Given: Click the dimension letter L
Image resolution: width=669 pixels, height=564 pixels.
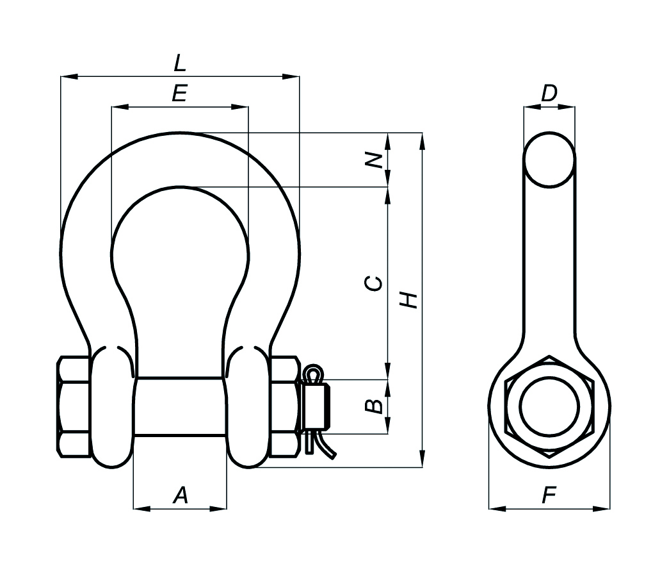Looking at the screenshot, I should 179,63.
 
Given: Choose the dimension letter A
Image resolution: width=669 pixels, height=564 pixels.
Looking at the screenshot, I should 181,495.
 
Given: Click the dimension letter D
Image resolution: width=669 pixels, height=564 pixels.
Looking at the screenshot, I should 549,94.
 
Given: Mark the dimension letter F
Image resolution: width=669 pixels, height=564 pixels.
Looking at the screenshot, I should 549,495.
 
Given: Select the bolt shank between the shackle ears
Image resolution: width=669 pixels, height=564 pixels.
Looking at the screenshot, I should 180,407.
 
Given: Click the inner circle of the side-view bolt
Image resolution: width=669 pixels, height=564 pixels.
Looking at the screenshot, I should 549,406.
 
